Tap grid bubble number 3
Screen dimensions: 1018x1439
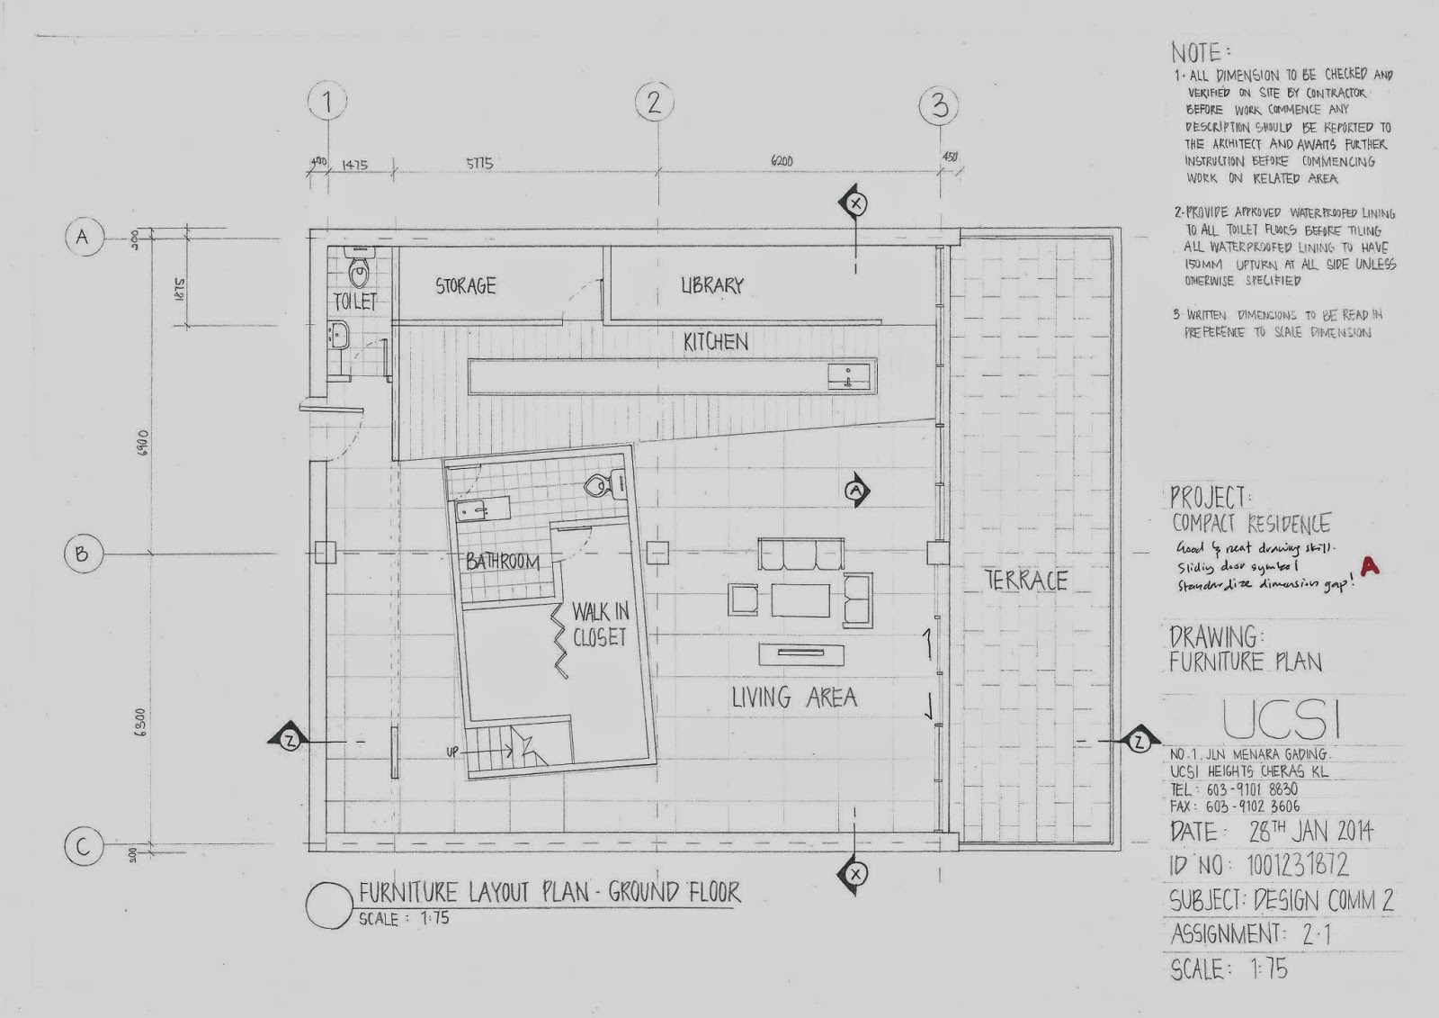[939, 106]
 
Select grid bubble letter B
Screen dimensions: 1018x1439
[82, 554]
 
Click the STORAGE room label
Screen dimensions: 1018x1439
[466, 286]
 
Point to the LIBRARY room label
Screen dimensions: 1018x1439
[712, 285]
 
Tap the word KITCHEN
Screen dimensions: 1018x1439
[716, 341]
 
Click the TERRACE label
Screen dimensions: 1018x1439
[1026, 581]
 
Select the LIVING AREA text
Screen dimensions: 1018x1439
[793, 697]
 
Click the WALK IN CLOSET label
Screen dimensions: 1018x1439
[600, 625]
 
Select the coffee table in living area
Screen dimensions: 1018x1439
[800, 600]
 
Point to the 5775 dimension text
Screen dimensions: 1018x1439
[479, 165]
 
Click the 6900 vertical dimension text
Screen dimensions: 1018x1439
[144, 443]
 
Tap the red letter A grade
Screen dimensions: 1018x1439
[1370, 565]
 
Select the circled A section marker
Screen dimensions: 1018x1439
[856, 491]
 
